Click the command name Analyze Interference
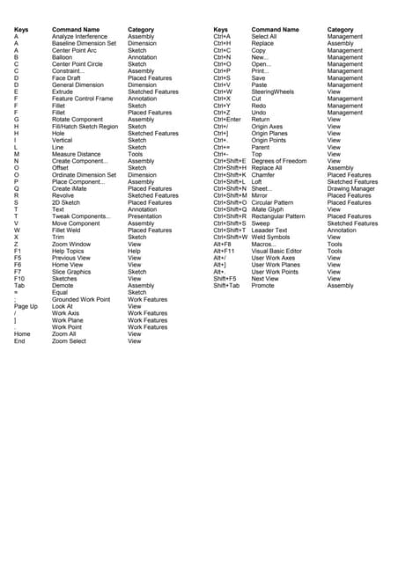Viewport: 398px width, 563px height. coord(79,36)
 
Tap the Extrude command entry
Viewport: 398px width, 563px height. coord(63,91)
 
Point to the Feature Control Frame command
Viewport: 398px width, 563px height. coord(83,98)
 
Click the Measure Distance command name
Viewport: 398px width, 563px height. coord(77,154)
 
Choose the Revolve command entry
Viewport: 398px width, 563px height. coord(63,195)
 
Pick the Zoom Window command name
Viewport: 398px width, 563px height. coord(70,244)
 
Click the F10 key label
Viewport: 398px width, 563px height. coord(18,278)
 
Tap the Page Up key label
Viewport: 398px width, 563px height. coord(26,305)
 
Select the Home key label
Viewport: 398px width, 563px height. coord(22,333)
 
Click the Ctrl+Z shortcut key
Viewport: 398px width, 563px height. coord(222,112)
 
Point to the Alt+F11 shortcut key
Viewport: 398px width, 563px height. coord(225,251)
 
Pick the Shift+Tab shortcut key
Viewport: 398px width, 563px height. coord(226,285)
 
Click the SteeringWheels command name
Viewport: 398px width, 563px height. coord(274,91)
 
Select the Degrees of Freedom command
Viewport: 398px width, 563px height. coord(279,161)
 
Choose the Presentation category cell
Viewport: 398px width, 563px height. coord(144,216)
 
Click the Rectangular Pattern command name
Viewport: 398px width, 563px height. coord(278,216)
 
